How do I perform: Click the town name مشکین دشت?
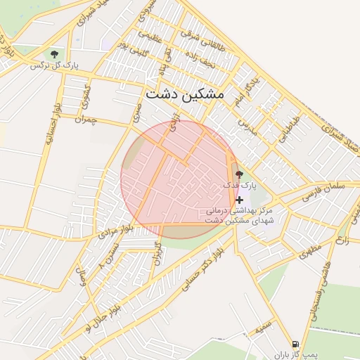click(184, 94)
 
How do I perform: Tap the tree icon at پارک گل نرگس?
click(54, 54)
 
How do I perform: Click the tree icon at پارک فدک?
click(239, 174)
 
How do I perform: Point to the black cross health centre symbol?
click(240, 200)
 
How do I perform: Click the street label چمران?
click(82, 120)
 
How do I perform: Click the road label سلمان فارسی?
click(323, 190)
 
